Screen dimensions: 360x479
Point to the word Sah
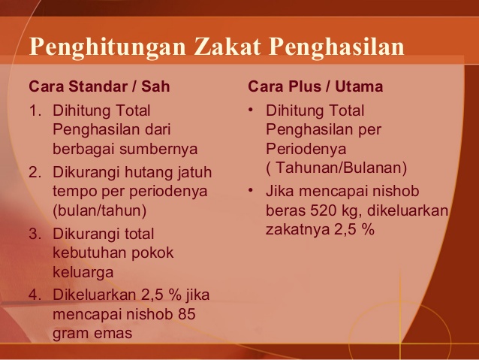[155, 86]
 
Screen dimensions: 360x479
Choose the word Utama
[357, 86]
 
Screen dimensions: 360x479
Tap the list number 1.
[34, 111]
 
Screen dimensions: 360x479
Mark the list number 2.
[34, 173]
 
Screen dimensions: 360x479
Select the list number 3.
[34, 234]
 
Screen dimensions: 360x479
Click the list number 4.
[34, 295]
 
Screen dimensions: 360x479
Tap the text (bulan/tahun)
[99, 210]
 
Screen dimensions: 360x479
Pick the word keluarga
[83, 271]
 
